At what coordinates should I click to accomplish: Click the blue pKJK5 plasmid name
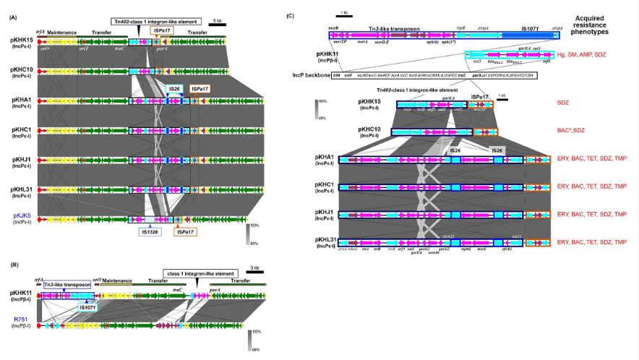pos(20,215)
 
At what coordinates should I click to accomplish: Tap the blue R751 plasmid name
pos(20,318)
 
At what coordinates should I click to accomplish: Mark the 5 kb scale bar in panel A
pos(216,23)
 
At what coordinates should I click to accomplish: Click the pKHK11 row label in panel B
pos(20,294)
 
